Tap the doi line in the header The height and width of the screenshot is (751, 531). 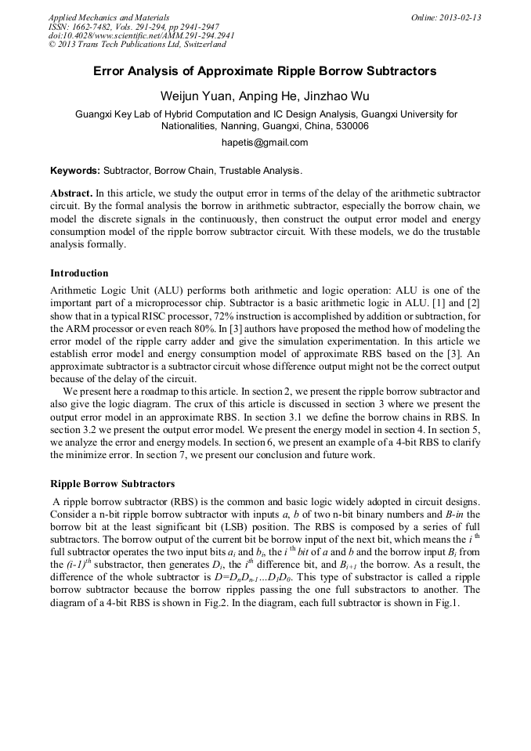(141, 36)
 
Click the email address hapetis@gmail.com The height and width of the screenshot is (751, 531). (265, 143)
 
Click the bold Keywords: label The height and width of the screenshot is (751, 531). (75, 170)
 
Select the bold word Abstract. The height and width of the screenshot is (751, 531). (71, 193)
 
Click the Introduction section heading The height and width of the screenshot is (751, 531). (79, 273)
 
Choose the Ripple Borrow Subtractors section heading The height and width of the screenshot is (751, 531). (112, 484)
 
